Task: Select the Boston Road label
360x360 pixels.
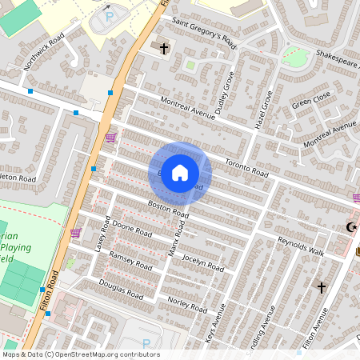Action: [x=167, y=210]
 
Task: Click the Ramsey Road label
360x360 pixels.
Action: [x=130, y=260]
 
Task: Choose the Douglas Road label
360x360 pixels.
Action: [x=121, y=289]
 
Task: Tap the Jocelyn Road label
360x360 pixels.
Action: [x=203, y=262]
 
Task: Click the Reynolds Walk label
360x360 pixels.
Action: [x=300, y=246]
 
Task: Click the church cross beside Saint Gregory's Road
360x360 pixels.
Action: [x=165, y=49]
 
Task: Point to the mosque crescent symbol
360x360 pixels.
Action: [x=350, y=228]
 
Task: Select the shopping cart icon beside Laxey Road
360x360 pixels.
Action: [x=75, y=233]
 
